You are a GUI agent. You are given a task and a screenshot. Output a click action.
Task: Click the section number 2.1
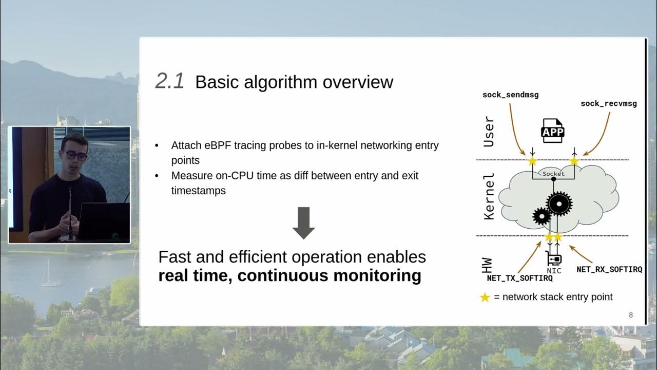click(169, 82)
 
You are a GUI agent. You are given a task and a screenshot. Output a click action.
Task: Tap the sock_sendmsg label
click(510, 95)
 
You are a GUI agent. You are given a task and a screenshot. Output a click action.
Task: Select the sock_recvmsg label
click(608, 103)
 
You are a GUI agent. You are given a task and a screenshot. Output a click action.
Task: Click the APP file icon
click(553, 132)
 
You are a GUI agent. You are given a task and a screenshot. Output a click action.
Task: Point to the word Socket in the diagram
click(553, 174)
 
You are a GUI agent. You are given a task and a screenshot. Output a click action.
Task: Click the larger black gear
click(558, 203)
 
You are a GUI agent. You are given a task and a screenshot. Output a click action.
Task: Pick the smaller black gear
click(542, 216)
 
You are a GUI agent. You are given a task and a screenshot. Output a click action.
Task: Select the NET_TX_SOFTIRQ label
click(519, 279)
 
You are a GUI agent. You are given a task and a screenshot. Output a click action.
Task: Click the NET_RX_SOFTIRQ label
click(609, 269)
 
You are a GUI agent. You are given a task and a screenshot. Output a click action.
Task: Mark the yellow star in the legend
click(485, 297)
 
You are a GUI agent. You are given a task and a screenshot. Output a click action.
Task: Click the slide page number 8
click(631, 314)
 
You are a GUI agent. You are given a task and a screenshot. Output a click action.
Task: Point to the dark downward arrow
click(303, 223)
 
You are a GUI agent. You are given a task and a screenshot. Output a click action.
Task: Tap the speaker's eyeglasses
click(75, 155)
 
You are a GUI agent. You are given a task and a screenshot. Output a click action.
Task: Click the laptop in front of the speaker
click(103, 221)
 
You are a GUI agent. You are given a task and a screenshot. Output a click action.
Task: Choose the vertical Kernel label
click(489, 196)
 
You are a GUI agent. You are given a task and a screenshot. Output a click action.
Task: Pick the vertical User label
click(489, 132)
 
